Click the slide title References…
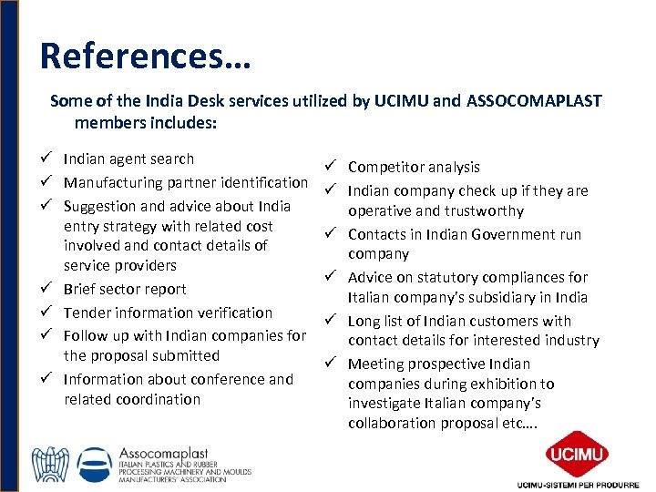[x=145, y=56]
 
